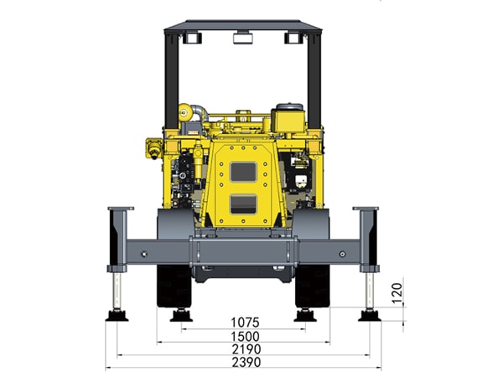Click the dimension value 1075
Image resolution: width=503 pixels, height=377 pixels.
(245, 322)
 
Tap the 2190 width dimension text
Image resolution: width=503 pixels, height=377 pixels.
(245, 349)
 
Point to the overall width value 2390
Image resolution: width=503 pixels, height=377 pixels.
(245, 362)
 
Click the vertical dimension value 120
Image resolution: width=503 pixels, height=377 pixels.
(398, 292)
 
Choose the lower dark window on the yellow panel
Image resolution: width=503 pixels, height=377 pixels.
(244, 204)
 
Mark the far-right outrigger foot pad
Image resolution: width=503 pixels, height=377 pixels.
(371, 315)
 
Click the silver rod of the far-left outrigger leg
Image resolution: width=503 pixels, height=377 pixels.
(116, 290)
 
